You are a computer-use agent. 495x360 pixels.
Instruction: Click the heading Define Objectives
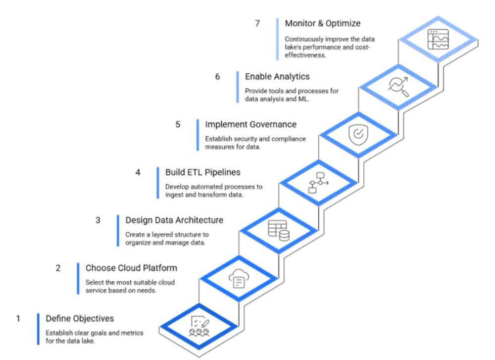[80, 318]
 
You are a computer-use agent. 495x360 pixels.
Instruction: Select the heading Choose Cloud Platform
[131, 268]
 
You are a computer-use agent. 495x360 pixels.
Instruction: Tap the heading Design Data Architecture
[174, 220]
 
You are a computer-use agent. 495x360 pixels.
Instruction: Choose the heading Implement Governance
[250, 124]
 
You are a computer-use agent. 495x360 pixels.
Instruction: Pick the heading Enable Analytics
[277, 76]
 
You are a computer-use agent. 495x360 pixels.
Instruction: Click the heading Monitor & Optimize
[323, 23]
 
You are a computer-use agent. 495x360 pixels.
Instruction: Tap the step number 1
[18, 318]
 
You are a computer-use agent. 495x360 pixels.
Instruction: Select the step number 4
[138, 172]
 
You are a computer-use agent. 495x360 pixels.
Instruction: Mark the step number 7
[257, 23]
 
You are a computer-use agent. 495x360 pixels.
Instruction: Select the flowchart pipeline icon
[318, 183]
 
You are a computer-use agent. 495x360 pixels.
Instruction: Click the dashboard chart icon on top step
[438, 39]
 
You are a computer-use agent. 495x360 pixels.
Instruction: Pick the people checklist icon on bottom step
[199, 327]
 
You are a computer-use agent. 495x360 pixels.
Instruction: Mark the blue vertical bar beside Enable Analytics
[237, 87]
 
